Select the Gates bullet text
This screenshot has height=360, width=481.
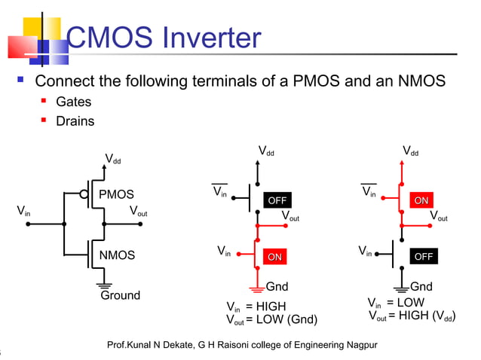74,102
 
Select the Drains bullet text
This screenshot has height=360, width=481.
75,121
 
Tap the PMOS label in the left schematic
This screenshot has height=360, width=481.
117,196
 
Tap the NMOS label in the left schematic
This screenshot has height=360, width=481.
117,255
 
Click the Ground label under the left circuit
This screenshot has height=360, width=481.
121,295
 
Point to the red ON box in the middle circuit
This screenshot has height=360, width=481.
275,258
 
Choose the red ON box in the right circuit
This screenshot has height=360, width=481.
421,200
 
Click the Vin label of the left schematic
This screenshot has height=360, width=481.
24,211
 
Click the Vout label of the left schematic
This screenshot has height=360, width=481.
138,211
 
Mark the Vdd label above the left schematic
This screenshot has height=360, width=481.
113,159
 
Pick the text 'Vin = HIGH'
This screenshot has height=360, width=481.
256,307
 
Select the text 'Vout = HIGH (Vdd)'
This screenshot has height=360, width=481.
412,316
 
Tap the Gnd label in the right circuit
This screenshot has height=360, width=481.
421,287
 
